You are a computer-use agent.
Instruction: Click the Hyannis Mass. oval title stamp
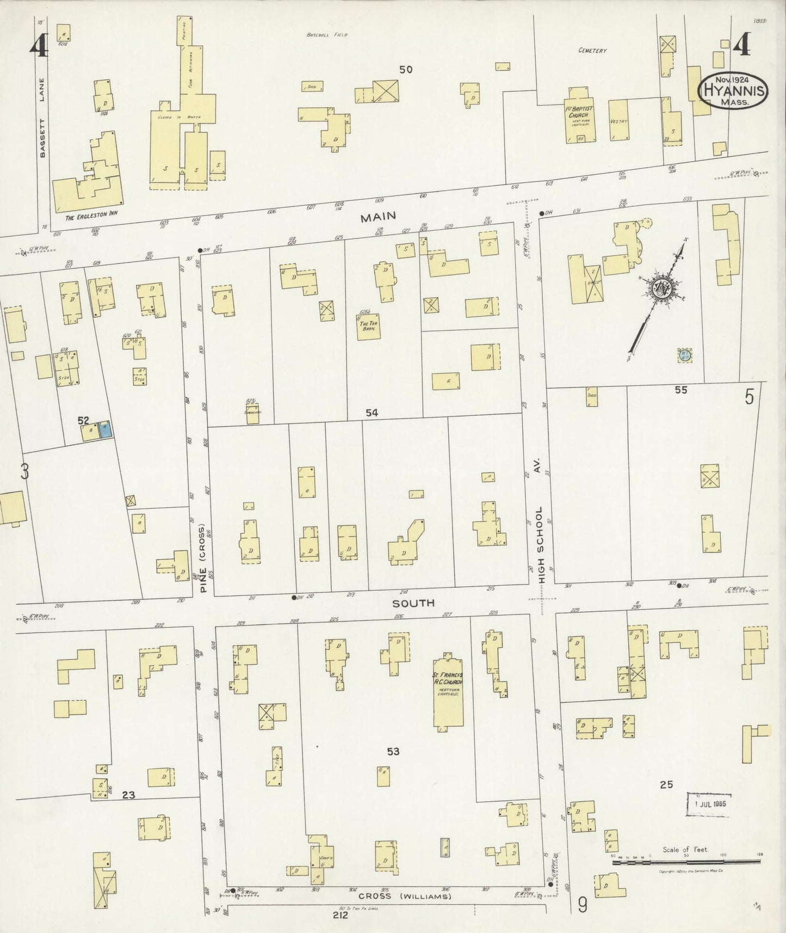(734, 90)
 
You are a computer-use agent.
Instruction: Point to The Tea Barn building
(368, 328)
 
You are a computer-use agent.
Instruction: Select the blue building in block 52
(106, 430)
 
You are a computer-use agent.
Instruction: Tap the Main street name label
(377, 217)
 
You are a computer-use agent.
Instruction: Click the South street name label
(421, 603)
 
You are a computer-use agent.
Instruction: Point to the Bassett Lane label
(43, 118)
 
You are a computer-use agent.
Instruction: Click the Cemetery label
(592, 51)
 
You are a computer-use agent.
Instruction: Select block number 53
(393, 752)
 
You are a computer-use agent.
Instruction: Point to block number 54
(372, 413)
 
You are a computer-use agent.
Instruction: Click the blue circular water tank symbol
(684, 355)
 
